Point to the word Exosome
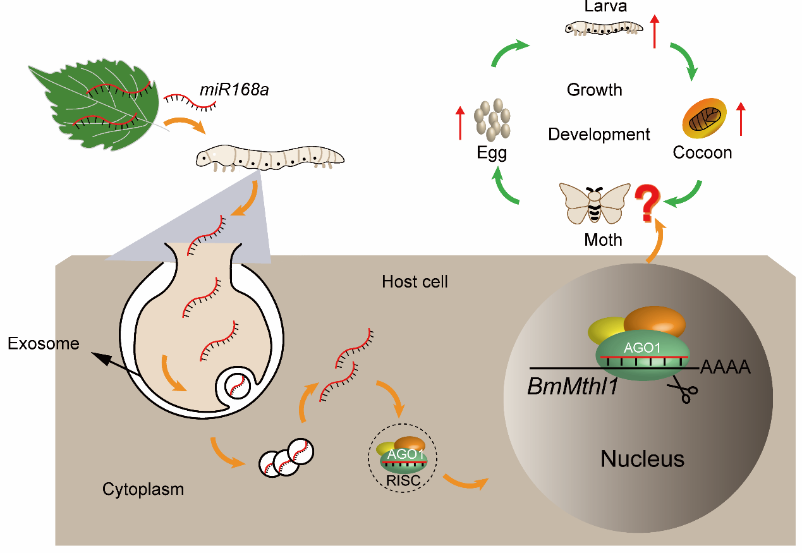[44, 344]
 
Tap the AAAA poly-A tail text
[726, 368]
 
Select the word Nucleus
[642, 459]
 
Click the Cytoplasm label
[143, 489]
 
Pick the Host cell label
[415, 281]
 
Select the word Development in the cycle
[598, 135]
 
